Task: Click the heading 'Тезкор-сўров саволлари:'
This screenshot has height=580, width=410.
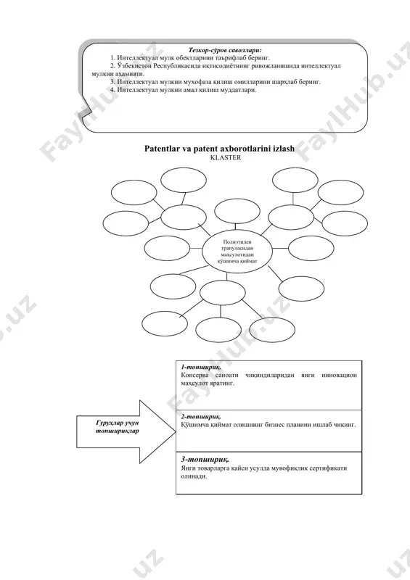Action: tap(225, 50)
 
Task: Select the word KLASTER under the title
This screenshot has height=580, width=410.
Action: tap(225, 157)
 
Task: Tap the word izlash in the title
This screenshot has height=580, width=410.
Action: tap(282, 149)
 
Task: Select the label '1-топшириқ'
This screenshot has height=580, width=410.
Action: tap(201, 368)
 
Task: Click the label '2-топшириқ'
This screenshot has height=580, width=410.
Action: tap(201, 417)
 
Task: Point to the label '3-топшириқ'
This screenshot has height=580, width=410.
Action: tap(205, 460)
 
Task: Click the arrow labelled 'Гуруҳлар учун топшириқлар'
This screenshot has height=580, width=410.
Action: tap(126, 431)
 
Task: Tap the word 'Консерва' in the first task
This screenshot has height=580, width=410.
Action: tap(194, 375)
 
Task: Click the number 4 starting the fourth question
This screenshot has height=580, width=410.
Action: tap(112, 90)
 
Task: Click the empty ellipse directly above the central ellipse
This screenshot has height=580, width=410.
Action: tap(237, 212)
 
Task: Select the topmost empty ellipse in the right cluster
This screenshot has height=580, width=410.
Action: tap(295, 180)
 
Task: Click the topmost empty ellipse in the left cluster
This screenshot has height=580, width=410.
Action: tap(184, 180)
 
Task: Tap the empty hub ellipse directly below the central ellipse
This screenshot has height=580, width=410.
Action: tap(222, 292)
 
